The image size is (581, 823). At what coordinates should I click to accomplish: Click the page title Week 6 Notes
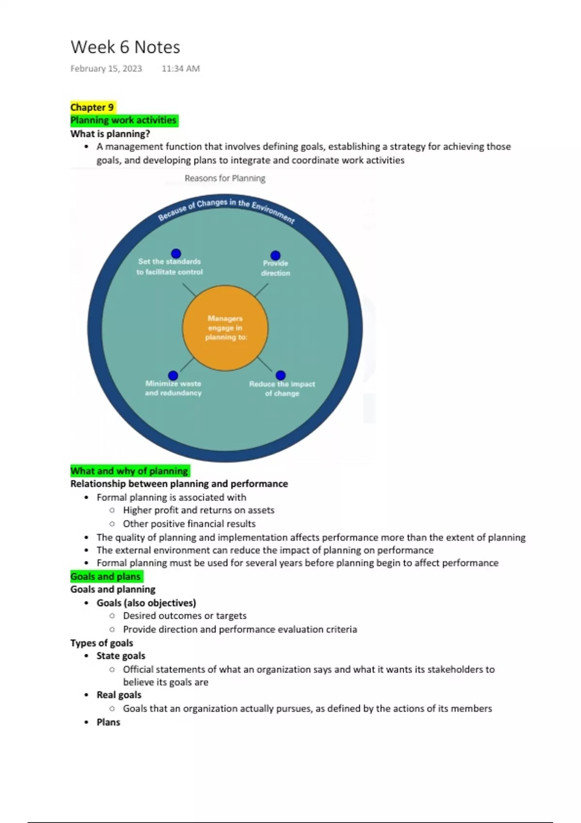pos(125,47)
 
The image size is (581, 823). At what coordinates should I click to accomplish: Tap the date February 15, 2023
pos(106,69)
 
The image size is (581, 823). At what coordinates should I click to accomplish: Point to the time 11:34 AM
pos(181,69)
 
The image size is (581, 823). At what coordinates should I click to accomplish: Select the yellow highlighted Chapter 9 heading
pos(92,107)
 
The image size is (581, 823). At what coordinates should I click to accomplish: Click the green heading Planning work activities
pos(123,120)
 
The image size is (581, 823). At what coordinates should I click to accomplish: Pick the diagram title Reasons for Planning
pos(225,178)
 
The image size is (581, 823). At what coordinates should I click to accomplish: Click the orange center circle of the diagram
pos(225,328)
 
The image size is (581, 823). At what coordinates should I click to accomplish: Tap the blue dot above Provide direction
pos(275,255)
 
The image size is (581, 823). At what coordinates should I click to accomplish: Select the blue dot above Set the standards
pos(176,253)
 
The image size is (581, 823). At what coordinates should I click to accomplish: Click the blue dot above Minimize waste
pos(173,375)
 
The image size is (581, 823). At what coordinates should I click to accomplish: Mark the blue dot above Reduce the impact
pos(281,375)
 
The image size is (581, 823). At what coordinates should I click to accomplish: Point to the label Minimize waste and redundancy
pos(173,388)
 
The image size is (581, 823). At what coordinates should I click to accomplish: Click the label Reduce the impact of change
pos(282,389)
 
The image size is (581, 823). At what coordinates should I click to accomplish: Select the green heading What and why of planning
pos(129,471)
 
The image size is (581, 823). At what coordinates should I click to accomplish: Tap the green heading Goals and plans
pos(106,576)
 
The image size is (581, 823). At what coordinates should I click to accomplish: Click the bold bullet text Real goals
pos(119,695)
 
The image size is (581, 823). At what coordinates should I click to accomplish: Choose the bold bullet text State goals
pos(121,655)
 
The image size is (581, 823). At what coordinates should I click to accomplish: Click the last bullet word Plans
pos(108,722)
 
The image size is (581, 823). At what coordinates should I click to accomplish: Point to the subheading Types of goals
pos(102,643)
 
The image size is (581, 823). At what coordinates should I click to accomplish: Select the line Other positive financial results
pos(189,523)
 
